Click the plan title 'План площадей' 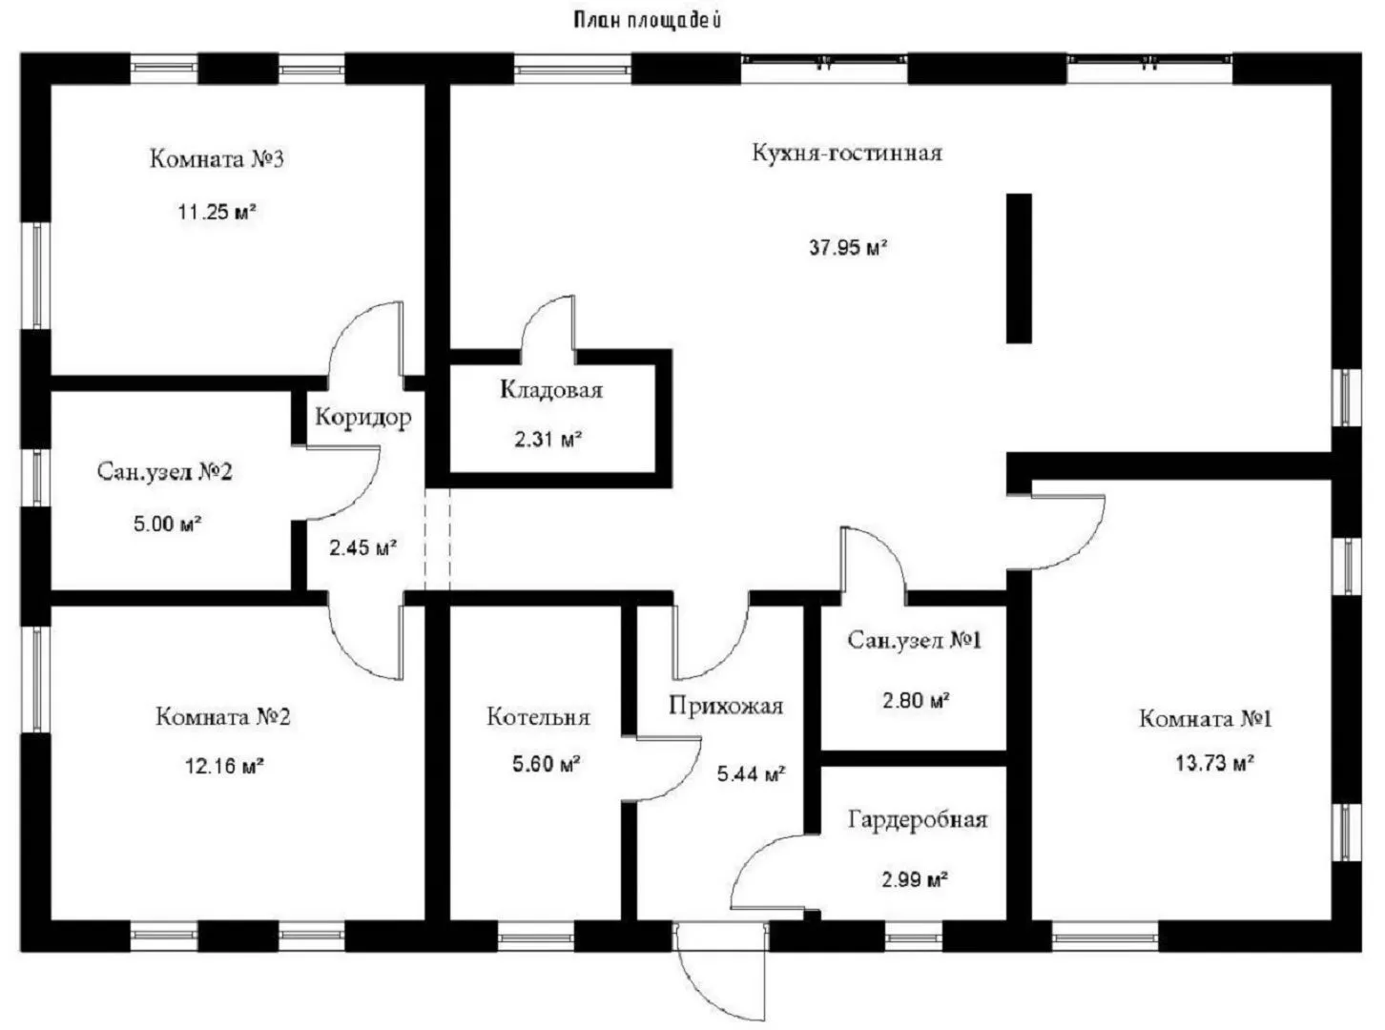point(647,19)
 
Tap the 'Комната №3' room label point(217,158)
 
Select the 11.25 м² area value point(217,212)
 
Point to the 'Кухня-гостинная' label point(847,153)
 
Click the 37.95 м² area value point(848,248)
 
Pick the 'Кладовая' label point(551,389)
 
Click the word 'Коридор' point(363,417)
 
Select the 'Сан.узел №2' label point(164,472)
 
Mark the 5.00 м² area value point(168,523)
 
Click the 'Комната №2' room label point(222,716)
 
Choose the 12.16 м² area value point(224,766)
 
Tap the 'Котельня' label point(538,716)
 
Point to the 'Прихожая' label point(725,706)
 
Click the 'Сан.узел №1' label point(914,640)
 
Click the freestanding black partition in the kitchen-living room point(1019,268)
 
